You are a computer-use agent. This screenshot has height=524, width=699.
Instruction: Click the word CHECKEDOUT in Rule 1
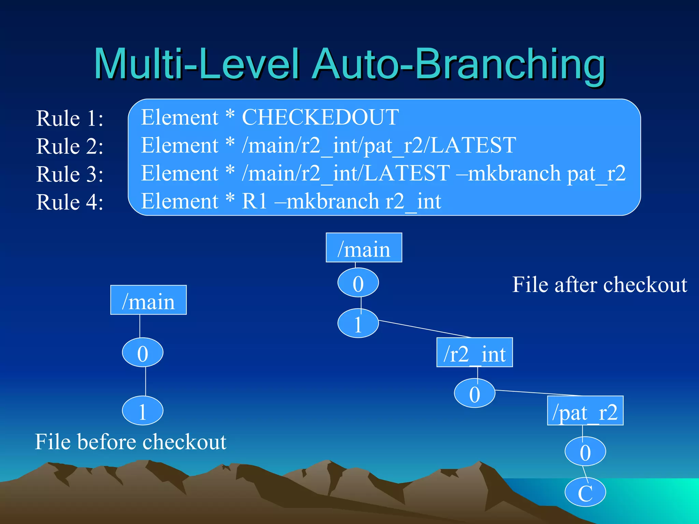pyautogui.click(x=320, y=117)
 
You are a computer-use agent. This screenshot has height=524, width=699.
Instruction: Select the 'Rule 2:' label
pyautogui.click(x=70, y=146)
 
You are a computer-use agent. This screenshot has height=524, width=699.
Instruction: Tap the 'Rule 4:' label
pyautogui.click(x=70, y=202)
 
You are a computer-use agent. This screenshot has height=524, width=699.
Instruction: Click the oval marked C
pyautogui.click(x=585, y=492)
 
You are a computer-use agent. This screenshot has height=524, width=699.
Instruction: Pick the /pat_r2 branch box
pyautogui.click(x=585, y=411)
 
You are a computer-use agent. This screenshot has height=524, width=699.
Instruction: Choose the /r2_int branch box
pyautogui.click(x=474, y=352)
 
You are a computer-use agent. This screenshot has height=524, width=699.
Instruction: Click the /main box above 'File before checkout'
pyautogui.click(x=148, y=300)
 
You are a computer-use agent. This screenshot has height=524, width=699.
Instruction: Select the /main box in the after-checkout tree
pyautogui.click(x=364, y=248)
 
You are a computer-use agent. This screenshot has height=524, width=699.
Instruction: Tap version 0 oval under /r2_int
pyautogui.click(x=474, y=393)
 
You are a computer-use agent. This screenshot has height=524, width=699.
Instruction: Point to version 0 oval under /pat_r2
pyautogui.click(x=585, y=451)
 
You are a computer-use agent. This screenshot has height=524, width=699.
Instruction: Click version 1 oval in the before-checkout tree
pyautogui.click(x=143, y=411)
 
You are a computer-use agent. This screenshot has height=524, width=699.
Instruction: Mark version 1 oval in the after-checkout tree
pyautogui.click(x=358, y=323)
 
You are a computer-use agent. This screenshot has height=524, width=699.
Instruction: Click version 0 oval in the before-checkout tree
pyautogui.click(x=143, y=352)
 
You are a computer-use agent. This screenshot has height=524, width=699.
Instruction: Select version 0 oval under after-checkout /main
pyautogui.click(x=358, y=282)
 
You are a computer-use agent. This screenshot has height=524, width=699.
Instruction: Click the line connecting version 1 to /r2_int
pyautogui.click(x=425, y=329)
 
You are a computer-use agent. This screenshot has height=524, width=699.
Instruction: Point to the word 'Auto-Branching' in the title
pyautogui.click(x=459, y=65)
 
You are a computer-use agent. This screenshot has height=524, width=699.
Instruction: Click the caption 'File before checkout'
pyautogui.click(x=131, y=442)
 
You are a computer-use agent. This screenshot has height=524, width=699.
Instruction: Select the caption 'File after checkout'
pyautogui.click(x=600, y=285)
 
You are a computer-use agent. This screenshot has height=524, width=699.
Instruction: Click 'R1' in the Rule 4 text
pyautogui.click(x=254, y=201)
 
